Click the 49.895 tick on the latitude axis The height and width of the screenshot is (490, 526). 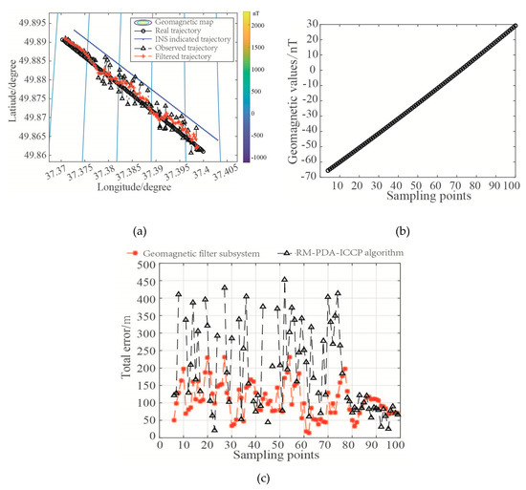[35, 21]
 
